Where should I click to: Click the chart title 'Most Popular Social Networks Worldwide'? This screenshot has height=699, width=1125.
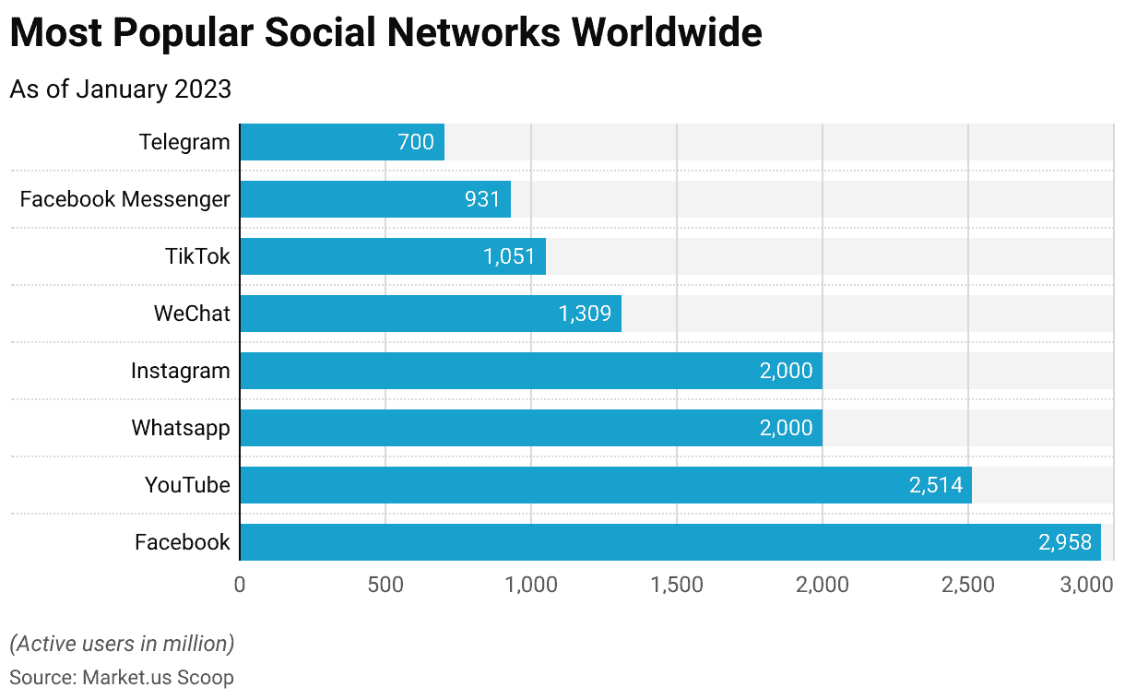click(385, 33)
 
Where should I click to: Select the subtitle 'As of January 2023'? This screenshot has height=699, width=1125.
click(120, 89)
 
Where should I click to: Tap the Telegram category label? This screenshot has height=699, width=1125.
click(184, 142)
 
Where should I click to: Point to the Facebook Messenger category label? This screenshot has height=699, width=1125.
click(124, 199)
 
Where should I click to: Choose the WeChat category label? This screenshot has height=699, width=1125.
click(192, 314)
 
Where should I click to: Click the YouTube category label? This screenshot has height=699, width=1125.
click(187, 485)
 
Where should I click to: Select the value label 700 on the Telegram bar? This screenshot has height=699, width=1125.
click(415, 142)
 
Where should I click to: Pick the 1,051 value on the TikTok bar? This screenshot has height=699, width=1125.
click(509, 256)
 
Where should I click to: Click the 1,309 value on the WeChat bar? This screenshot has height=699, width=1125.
click(585, 314)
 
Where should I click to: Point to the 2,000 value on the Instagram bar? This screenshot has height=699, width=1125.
click(786, 371)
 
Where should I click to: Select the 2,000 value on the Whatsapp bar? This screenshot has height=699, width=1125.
click(786, 428)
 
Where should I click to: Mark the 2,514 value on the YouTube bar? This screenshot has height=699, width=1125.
click(935, 485)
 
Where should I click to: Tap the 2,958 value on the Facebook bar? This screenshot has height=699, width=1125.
click(1064, 542)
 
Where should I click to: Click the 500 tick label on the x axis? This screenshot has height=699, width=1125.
click(385, 585)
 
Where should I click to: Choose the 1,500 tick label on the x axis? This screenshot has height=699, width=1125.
click(677, 585)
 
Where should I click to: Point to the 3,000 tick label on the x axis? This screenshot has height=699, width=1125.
click(1088, 585)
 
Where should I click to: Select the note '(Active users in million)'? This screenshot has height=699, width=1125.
click(122, 643)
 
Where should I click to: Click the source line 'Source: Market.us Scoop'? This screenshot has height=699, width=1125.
click(122, 678)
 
